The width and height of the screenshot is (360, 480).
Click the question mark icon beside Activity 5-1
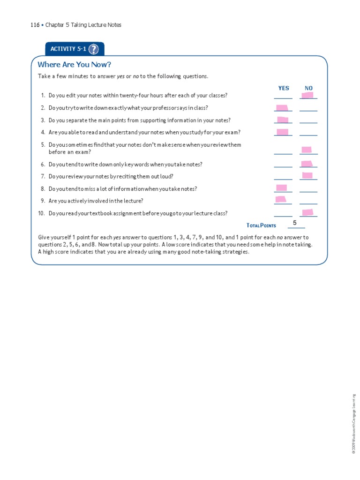pos(93,49)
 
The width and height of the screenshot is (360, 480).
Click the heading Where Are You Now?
pos(75,65)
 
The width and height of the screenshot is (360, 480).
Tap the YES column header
pos(284,88)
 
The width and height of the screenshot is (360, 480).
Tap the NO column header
pos(308,88)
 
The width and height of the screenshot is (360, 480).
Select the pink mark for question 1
pos(307,95)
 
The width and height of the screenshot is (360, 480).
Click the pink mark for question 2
pos(282,108)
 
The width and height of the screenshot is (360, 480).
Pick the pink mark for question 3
pos(283,120)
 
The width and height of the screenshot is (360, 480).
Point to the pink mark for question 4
pos(283,132)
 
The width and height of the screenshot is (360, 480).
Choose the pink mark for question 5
pos(307,150)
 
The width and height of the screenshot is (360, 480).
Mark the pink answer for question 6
pos(307,164)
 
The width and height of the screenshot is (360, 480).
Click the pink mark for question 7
pos(307,175)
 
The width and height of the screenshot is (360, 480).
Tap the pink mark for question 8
pos(281,188)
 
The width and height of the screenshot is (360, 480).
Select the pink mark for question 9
pos(281,200)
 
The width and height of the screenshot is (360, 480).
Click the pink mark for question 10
pos(307,212)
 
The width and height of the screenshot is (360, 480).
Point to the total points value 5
pos(295,223)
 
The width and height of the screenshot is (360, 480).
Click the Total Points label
pos(261,225)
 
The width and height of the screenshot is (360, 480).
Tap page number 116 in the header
pos(35,25)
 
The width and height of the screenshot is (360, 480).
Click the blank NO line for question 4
pos(308,134)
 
